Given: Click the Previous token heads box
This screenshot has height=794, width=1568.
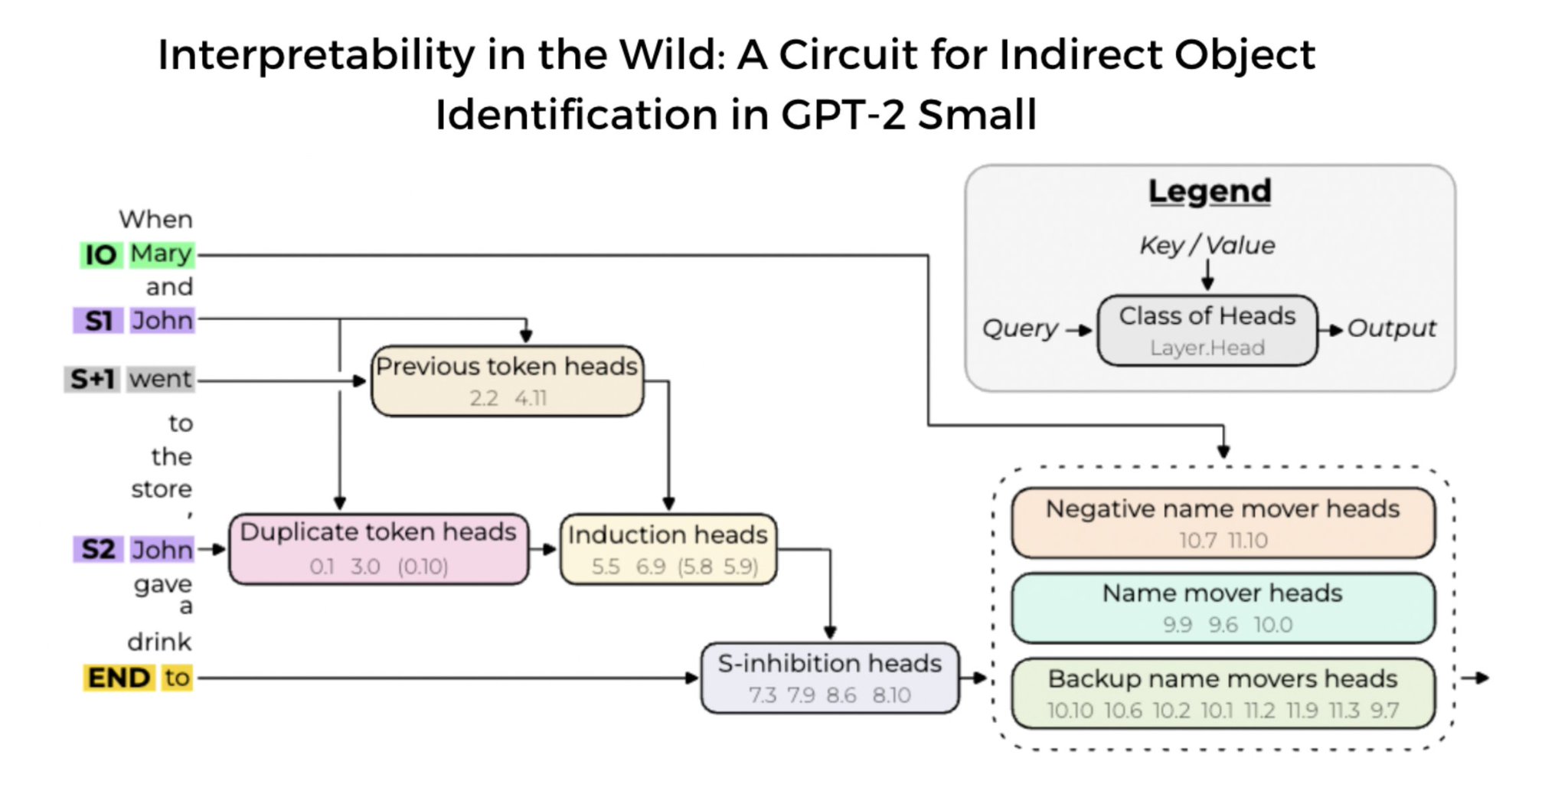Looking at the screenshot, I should pos(507,381).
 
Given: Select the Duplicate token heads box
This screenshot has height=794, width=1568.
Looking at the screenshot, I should pos(378,548).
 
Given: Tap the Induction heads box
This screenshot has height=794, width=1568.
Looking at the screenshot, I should pos(668,549).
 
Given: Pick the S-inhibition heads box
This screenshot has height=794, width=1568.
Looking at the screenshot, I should pos(829,678).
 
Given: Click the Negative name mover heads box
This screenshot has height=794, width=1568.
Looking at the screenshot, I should pos(1223,522).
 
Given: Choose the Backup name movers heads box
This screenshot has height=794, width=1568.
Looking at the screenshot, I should pos(1223,693).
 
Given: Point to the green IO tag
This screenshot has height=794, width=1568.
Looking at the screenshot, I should pos(100,255).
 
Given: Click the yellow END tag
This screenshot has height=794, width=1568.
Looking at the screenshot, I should pos(119,678).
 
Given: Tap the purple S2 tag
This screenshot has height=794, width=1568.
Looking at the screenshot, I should pos(98,549).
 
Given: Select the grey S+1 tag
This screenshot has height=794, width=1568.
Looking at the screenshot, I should pos(92,379).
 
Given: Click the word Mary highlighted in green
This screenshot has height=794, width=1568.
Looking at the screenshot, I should pos(161,253).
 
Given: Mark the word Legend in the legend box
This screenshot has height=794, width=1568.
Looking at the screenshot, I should pos(1210,191).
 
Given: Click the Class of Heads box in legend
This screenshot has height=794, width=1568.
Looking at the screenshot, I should pos(1207,330).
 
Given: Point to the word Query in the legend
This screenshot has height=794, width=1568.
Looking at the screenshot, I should pos(1020,328).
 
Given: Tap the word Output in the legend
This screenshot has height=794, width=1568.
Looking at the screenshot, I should pos(1391,328).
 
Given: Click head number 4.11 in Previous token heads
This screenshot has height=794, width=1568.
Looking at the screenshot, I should pos(531,398).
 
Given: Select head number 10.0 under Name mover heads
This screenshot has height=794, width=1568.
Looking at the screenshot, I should pos(1272,625).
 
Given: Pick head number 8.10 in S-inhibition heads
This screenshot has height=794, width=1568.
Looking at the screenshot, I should pos(891,695).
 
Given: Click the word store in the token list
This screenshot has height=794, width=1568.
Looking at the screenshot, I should pos(162,489).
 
